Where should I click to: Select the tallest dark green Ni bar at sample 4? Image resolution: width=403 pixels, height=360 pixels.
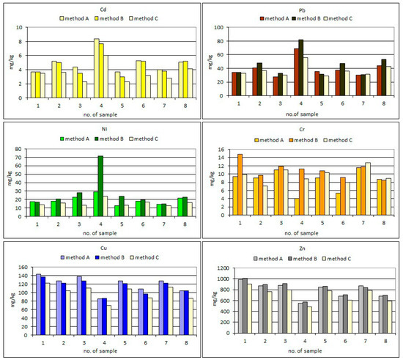(100, 186)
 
